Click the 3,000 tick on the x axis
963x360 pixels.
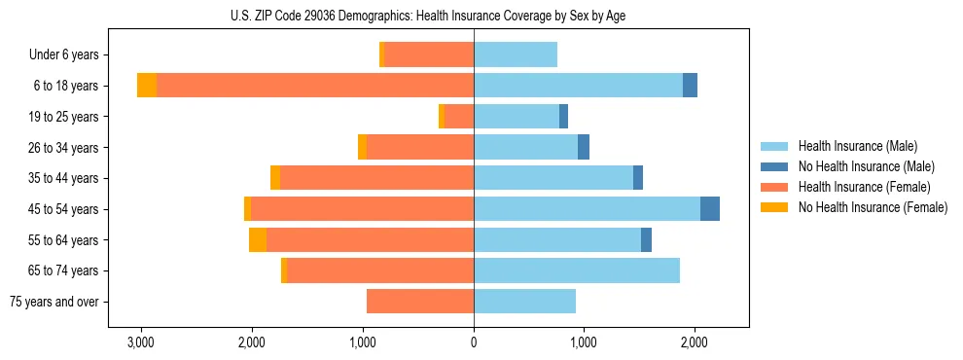click(x=141, y=342)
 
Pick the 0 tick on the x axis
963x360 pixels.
click(x=474, y=342)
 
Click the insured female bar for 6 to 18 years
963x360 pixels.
click(x=656, y=86)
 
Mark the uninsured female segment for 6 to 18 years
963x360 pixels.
click(x=147, y=86)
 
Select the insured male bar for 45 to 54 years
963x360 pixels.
click(x=587, y=209)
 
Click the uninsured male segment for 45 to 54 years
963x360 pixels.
click(x=710, y=209)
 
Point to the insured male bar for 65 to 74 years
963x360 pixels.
click(x=577, y=270)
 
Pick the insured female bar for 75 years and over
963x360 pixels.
click(x=420, y=302)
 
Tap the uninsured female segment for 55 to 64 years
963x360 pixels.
click(x=258, y=240)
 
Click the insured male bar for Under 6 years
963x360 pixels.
click(x=516, y=55)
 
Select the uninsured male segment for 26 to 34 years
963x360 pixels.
click(x=584, y=148)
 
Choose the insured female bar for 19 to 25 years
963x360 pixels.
click(x=459, y=117)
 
